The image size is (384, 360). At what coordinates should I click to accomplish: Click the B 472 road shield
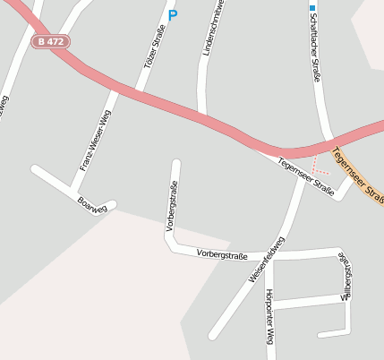[51, 41]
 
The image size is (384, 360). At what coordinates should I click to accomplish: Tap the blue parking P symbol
[173, 14]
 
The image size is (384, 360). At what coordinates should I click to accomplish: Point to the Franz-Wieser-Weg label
[95, 140]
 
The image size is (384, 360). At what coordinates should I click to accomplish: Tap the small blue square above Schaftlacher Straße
[312, 7]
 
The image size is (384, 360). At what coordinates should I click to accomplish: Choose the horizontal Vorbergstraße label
[222, 255]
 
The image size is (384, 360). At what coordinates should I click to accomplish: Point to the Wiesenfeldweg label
[267, 261]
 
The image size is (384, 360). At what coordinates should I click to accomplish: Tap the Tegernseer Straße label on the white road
[306, 176]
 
